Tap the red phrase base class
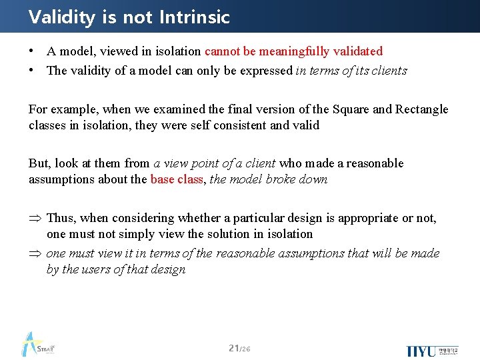tap(176, 180)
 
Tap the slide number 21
tap(233, 348)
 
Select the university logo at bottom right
tap(431, 350)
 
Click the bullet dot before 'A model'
tap(32, 51)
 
